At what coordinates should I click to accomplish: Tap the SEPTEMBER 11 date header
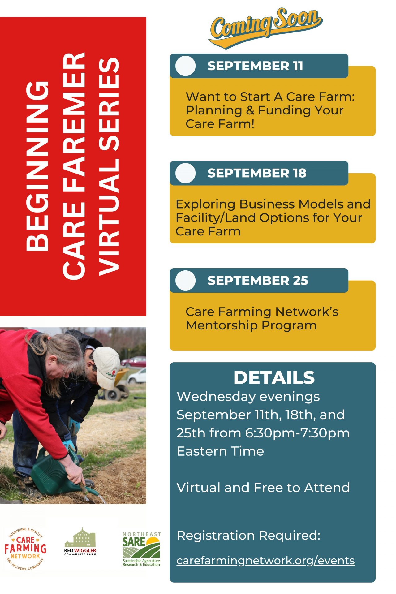255,66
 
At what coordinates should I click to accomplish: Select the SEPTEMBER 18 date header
257,173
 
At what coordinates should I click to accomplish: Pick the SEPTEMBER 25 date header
258,281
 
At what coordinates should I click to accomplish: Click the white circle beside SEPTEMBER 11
185,66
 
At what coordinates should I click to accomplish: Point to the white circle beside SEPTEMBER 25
185,281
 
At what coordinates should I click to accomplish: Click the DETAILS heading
274,377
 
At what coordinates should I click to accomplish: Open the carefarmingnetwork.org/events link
265,561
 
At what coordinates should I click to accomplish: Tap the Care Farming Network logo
25,549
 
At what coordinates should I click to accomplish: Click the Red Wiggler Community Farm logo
80,542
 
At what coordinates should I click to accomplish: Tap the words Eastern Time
220,451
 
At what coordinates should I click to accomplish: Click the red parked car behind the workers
135,361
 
